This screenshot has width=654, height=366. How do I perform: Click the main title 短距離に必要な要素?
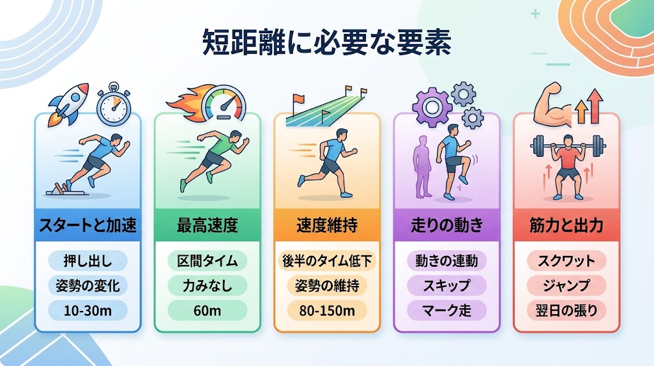(x=326, y=42)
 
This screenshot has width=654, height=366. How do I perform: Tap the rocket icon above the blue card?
(x=69, y=104)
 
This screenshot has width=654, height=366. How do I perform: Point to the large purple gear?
(x=432, y=107)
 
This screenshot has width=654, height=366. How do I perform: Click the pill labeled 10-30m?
(x=87, y=310)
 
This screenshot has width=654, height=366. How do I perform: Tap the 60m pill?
(x=208, y=310)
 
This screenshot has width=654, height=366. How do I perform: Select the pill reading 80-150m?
(x=327, y=310)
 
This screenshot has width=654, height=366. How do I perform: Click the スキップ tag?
(x=446, y=286)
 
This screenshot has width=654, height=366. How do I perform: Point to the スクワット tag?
(x=567, y=261)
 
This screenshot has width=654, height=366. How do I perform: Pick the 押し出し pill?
(x=87, y=261)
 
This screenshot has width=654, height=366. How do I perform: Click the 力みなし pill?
(x=208, y=286)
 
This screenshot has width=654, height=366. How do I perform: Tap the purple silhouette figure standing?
(x=422, y=167)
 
